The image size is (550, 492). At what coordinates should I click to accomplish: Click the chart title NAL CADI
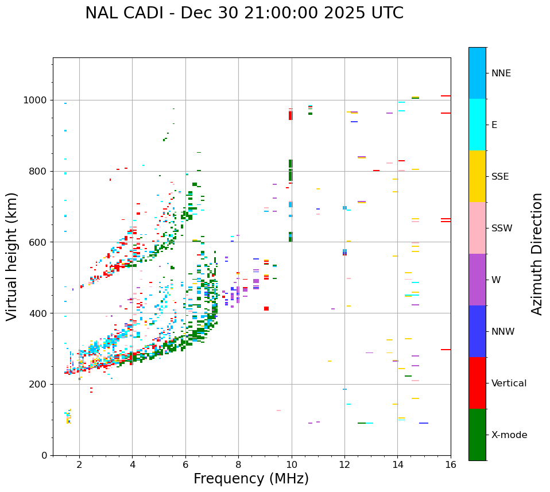click(x=244, y=13)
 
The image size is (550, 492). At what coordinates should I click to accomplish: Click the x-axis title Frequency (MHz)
click(x=251, y=479)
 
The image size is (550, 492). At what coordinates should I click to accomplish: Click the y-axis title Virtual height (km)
click(x=12, y=256)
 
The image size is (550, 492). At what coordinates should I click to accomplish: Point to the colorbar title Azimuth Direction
click(x=537, y=254)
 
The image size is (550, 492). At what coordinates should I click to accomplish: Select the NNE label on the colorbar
click(x=501, y=73)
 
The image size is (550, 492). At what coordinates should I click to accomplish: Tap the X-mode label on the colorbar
click(x=509, y=435)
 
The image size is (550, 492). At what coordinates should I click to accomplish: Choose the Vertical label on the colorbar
click(x=509, y=383)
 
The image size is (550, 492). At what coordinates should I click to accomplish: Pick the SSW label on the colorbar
click(x=502, y=228)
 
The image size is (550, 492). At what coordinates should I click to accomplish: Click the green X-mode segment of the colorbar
click(x=477, y=435)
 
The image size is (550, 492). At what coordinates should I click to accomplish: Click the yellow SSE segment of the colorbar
click(x=477, y=176)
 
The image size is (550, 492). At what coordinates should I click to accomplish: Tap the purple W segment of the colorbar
click(x=477, y=280)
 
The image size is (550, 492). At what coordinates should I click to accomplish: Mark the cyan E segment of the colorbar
click(x=477, y=125)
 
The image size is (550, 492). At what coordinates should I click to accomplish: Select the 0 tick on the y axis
click(x=45, y=455)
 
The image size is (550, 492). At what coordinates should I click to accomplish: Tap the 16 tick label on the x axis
click(x=451, y=464)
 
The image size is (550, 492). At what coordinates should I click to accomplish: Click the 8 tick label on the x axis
click(x=238, y=464)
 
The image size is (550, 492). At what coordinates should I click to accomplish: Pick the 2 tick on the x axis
click(x=79, y=464)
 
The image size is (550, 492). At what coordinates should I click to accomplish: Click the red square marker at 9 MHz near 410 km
click(x=266, y=309)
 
